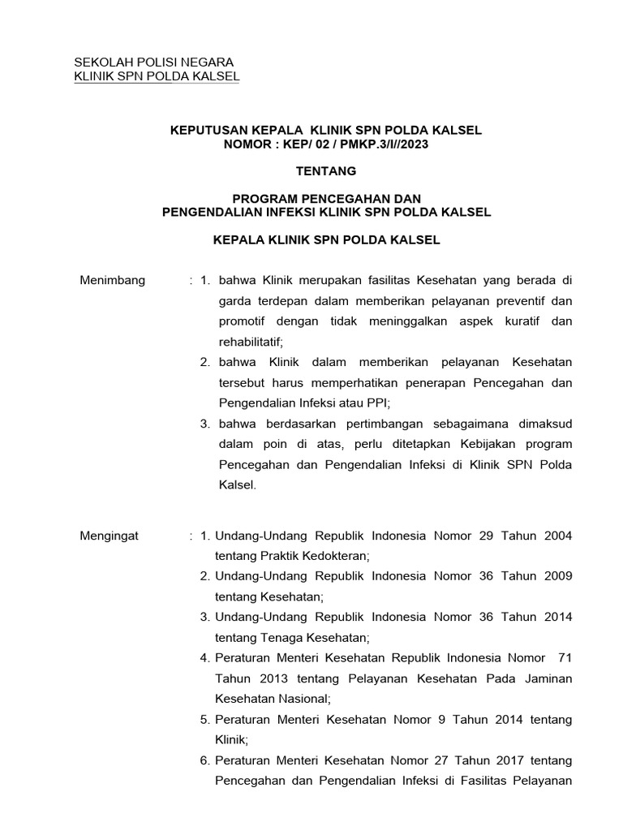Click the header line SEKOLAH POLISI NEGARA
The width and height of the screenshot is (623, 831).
click(153, 62)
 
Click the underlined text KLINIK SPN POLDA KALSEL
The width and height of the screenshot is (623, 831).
click(157, 76)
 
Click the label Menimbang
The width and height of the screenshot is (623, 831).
click(113, 280)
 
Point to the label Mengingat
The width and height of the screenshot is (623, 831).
click(110, 536)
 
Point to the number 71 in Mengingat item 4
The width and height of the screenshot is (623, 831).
click(565, 657)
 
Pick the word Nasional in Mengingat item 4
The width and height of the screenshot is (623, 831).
click(301, 698)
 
